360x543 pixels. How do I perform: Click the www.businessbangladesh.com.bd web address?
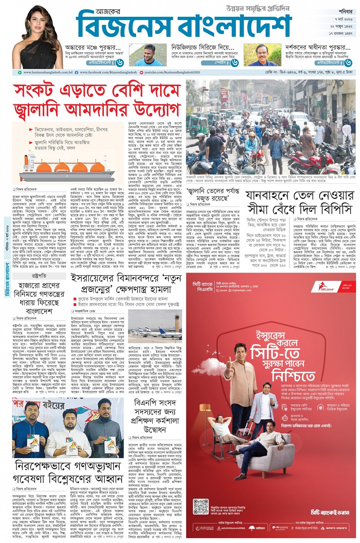(48, 72)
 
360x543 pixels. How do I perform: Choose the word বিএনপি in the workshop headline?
(146, 403)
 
